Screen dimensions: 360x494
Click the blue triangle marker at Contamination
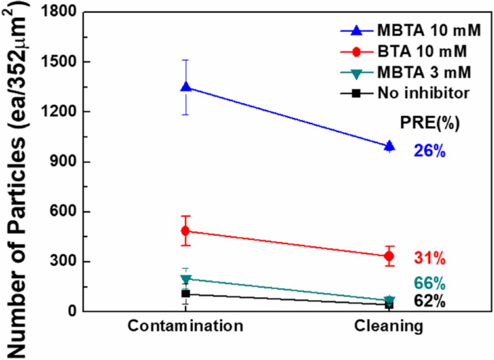pos(186,87)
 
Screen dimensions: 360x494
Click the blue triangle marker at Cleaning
pos(390,146)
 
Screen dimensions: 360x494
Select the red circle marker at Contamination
pos(186,231)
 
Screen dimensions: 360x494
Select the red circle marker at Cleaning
pos(389,256)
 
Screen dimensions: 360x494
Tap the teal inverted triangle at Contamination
pos(186,279)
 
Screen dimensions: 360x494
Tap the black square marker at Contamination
pos(186,294)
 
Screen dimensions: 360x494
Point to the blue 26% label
pos(430,151)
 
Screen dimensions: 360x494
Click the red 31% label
pos(430,258)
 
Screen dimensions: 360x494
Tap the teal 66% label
pos(430,284)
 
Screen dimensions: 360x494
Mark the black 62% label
pos(430,301)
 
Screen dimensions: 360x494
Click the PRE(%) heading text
pos(430,123)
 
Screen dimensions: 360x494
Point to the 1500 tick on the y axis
pos(61,62)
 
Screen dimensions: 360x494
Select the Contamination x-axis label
pos(186,326)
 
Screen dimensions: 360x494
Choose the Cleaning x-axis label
pos(389,326)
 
